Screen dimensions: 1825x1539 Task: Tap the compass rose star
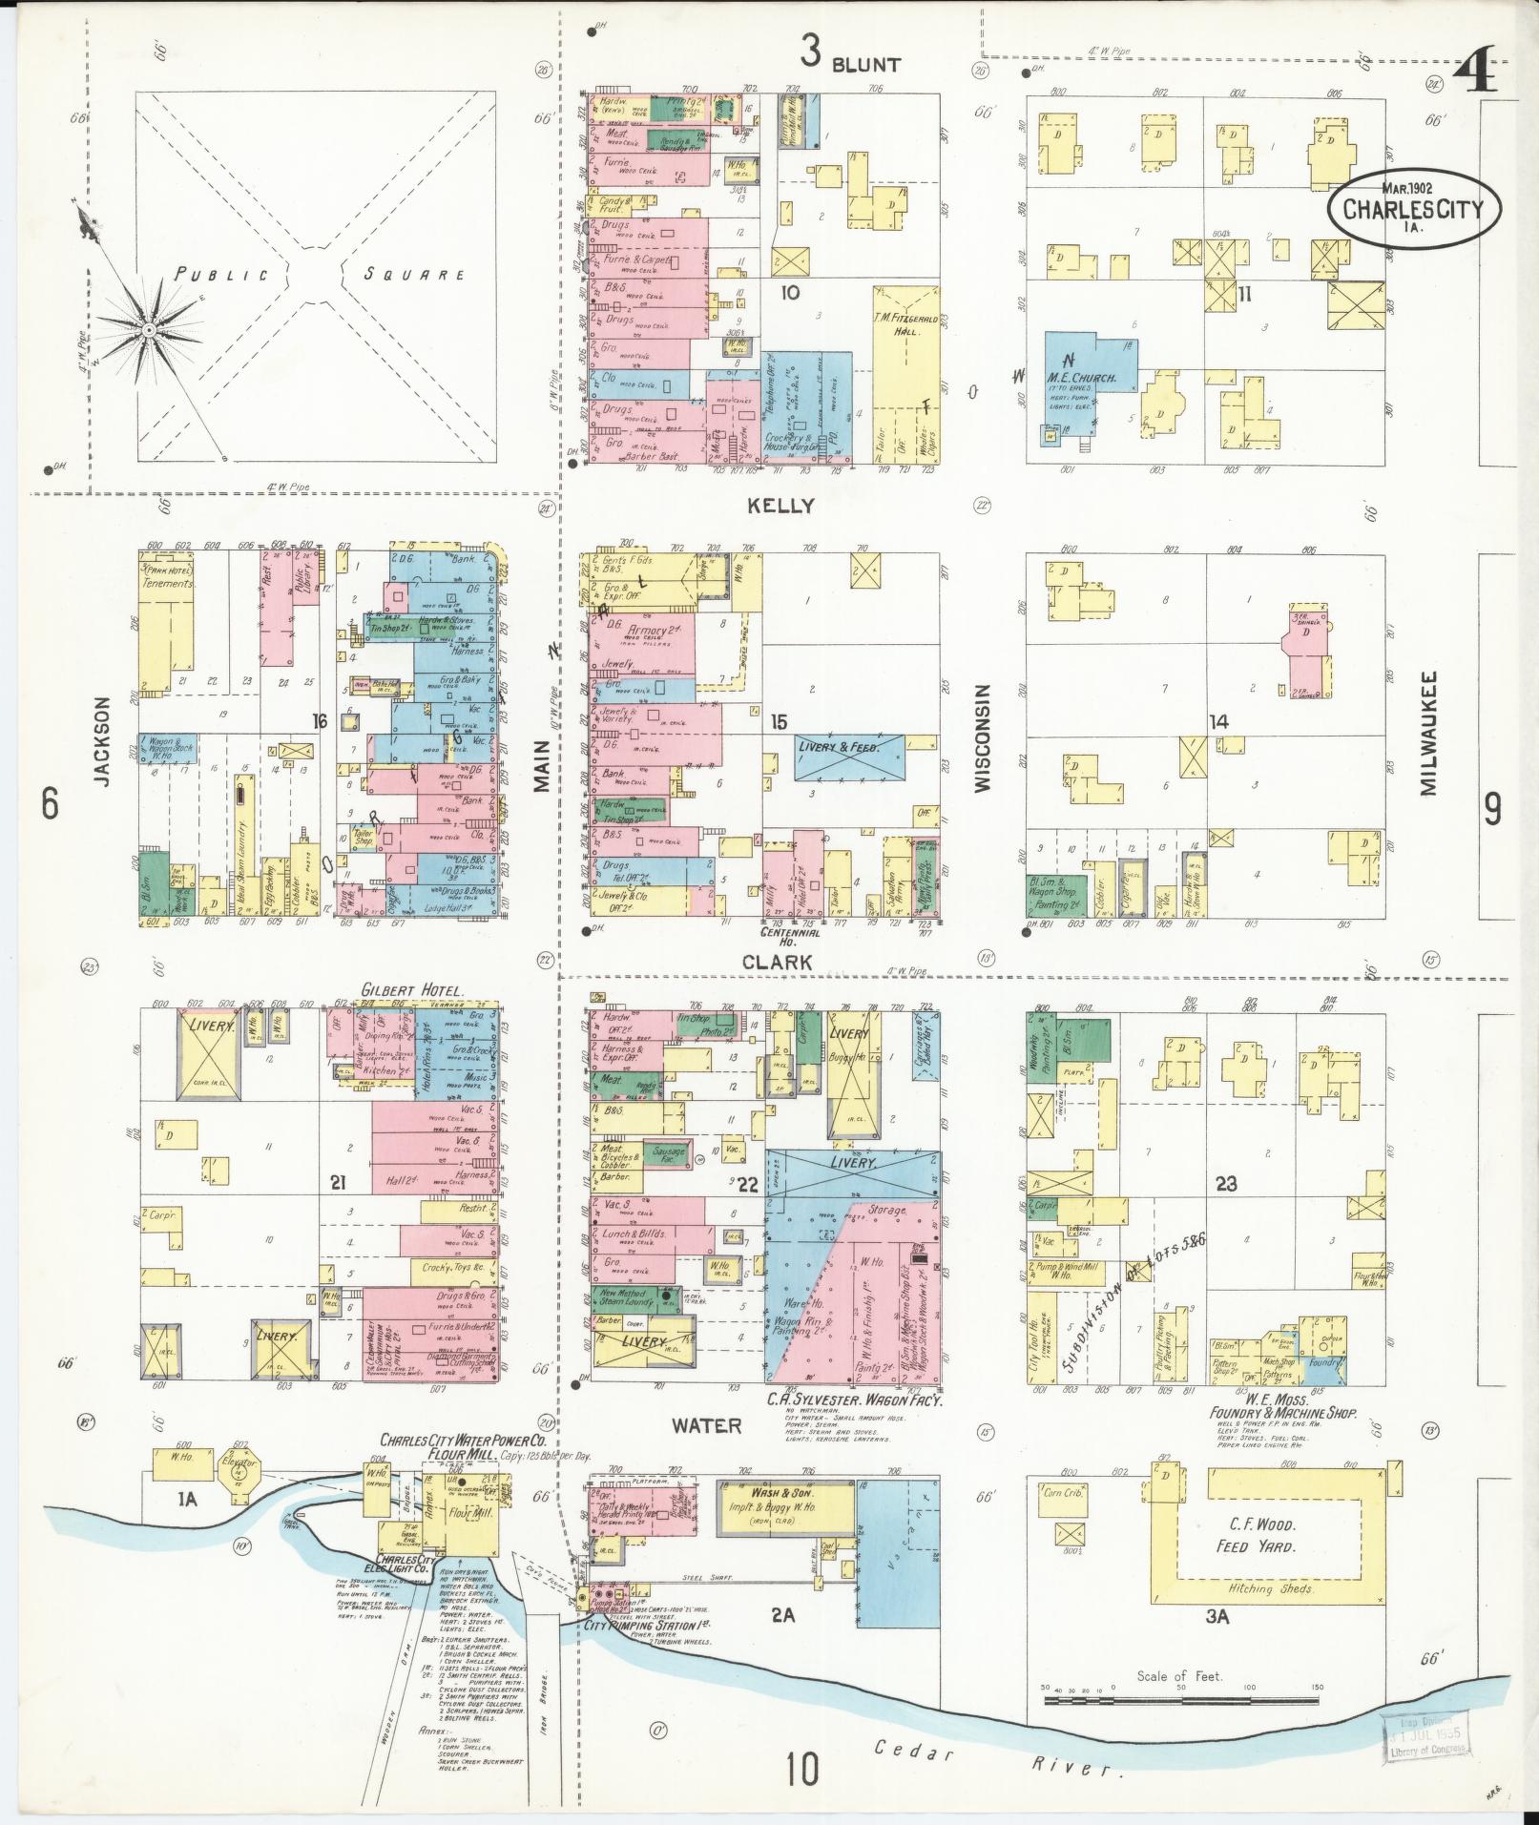pos(148,330)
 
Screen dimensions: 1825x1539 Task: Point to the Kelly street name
pos(781,506)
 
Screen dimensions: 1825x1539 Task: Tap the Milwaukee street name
pos(1427,732)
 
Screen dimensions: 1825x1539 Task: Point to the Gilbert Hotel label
pos(411,990)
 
